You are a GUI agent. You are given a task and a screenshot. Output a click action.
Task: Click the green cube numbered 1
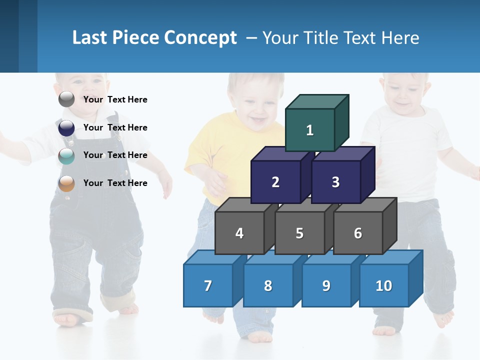[x=310, y=130]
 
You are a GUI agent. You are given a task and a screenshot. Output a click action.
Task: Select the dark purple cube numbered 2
[x=275, y=182]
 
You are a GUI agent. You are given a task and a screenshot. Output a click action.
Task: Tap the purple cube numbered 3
[x=335, y=182]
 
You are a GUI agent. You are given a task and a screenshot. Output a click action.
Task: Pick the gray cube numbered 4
[x=239, y=233]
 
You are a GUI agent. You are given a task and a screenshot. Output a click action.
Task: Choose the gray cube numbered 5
[x=299, y=233]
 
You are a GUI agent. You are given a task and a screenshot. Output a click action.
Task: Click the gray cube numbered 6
[x=358, y=233]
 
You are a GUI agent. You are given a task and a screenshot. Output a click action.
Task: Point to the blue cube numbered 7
[x=208, y=285]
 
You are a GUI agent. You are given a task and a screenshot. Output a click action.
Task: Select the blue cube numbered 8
[x=268, y=285]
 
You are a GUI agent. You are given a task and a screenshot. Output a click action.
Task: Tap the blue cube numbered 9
[x=326, y=285]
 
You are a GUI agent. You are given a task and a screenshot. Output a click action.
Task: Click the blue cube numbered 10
[x=384, y=285]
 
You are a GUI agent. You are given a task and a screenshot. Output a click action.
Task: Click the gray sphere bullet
[x=66, y=99]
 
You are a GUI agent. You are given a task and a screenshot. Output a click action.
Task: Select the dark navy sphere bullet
[x=66, y=127]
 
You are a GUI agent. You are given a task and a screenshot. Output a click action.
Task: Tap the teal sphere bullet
[x=66, y=155]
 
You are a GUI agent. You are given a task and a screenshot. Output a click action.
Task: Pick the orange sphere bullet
[x=66, y=183]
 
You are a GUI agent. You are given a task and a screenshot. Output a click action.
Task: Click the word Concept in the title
[x=200, y=38]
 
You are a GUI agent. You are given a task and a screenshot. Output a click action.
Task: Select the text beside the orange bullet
[x=115, y=183]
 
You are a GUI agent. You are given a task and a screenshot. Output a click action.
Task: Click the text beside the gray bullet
[x=115, y=99]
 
